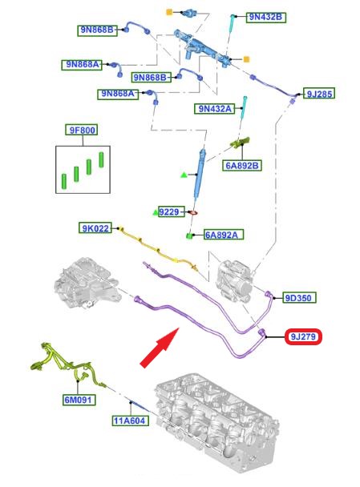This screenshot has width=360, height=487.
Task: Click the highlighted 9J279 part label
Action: click(303, 336)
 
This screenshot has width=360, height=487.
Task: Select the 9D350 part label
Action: click(299, 298)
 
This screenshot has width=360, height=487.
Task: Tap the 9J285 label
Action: click(319, 94)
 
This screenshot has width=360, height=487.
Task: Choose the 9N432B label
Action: click(266, 17)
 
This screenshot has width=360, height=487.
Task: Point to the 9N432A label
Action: click(215, 109)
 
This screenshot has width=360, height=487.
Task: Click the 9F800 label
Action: click(82, 130)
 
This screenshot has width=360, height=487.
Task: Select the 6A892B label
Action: click(242, 165)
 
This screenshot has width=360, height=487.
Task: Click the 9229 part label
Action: click(172, 211)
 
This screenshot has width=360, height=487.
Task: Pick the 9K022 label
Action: click(95, 228)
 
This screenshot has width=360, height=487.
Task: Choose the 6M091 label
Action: click(79, 400)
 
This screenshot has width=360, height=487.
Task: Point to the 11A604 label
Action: click(131, 421)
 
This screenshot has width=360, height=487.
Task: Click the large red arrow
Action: click(160, 348)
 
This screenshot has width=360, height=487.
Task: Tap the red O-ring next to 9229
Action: click(192, 213)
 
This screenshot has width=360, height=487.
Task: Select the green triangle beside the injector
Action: click(184, 175)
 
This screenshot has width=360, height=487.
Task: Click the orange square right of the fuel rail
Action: click(246, 59)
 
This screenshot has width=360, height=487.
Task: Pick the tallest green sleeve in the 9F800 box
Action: click(101, 159)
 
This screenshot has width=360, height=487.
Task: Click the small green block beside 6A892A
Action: click(188, 236)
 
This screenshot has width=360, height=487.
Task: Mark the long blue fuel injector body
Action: click(200, 174)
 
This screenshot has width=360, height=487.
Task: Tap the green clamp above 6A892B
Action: click(240, 143)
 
